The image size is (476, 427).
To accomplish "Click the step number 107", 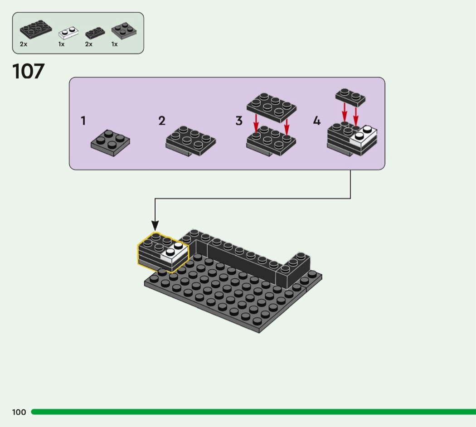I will coord(29,72).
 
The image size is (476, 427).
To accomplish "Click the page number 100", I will coord(19,412).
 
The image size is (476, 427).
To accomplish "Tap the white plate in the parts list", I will coord(68,33).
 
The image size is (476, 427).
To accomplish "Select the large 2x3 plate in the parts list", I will coord(35,30).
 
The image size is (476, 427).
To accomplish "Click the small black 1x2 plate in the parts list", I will coord(95,33).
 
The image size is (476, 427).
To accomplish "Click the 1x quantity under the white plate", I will coord(61,44).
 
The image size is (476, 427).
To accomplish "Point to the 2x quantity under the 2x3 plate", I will coord(24,44).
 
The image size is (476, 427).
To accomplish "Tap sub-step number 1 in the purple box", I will coord(83,121).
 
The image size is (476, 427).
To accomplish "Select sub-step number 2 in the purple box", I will coord(162,121).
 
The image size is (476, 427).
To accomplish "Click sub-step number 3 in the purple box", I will coord(239,121).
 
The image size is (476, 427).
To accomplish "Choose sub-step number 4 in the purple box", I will coord(316,121).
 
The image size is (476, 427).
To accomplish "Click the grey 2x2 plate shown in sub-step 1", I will coord(110,142).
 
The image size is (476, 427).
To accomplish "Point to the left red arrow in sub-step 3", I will coord(256,123).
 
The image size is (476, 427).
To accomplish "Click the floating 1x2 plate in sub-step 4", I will coord(350,97).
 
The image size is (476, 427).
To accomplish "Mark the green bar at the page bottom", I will coord(254,412).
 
